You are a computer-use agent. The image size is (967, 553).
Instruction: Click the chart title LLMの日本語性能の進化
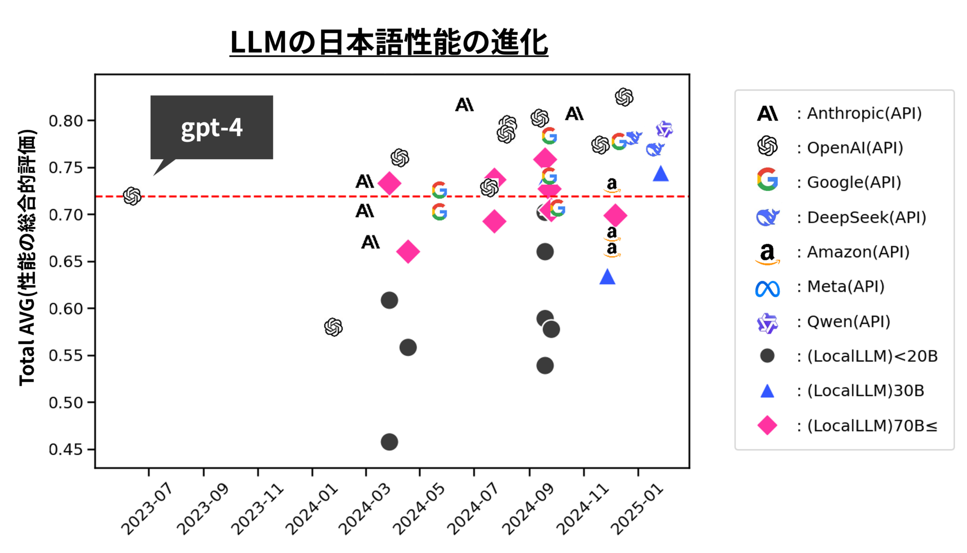point(389,43)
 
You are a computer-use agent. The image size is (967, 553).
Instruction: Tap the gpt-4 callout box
point(212,128)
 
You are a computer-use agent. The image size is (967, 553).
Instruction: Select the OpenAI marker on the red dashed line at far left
point(132,196)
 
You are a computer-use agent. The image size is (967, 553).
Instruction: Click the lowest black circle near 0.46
point(389,442)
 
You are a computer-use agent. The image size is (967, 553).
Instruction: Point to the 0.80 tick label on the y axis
point(66,121)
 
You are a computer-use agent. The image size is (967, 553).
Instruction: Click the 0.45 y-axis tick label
point(66,449)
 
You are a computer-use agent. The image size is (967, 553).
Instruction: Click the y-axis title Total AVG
point(27,257)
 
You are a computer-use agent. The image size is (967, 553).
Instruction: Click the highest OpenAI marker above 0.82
point(624,97)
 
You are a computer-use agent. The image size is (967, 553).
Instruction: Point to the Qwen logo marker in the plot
point(664,129)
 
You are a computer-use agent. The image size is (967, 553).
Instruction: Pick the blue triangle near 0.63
point(607,278)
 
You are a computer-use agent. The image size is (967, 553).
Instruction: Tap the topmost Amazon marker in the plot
point(612,184)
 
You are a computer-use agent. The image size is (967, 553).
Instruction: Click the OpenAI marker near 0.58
point(333,327)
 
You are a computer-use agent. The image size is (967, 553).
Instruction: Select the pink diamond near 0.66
point(408,251)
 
